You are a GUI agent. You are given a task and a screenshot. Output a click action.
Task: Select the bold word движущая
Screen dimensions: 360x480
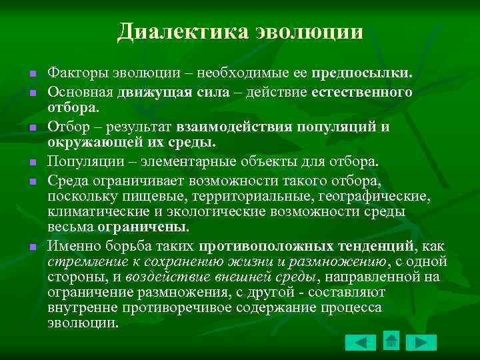159,91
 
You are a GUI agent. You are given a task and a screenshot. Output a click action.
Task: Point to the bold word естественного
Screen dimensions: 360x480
361,91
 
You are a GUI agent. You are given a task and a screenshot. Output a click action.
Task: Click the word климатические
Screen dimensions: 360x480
92,212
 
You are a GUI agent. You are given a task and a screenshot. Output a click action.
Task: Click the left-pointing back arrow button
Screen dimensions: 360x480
360,342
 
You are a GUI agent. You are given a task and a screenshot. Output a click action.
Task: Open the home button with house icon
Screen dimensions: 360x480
391,341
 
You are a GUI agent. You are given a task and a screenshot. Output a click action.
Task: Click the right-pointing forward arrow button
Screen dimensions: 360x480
421,342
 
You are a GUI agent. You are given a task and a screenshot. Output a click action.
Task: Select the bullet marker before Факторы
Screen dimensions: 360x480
32,71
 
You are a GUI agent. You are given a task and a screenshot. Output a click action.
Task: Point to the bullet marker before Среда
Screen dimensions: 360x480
32,180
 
